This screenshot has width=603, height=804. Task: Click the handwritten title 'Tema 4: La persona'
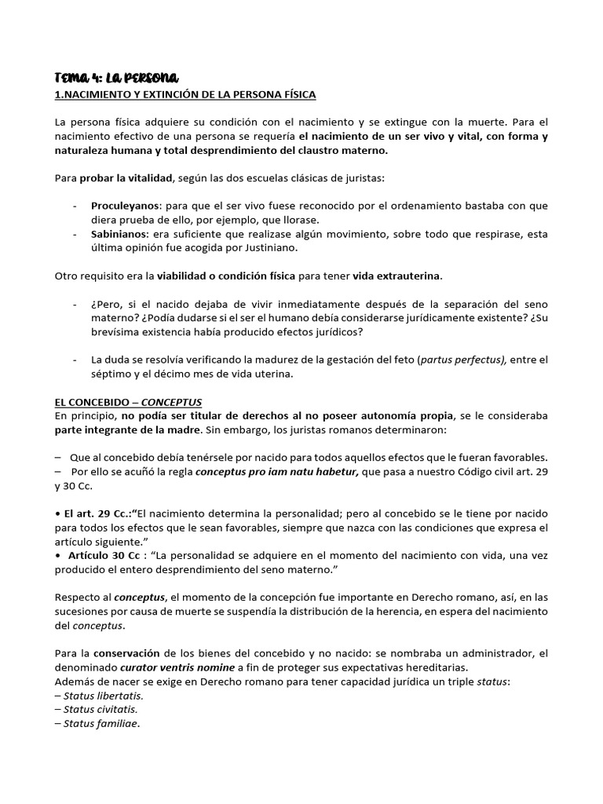(x=117, y=77)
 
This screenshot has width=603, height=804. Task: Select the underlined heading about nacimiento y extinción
(x=185, y=94)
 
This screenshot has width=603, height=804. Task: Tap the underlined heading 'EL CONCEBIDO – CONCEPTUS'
(x=128, y=401)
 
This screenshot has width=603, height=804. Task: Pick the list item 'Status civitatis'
(x=98, y=709)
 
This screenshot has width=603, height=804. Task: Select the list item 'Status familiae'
(x=97, y=723)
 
